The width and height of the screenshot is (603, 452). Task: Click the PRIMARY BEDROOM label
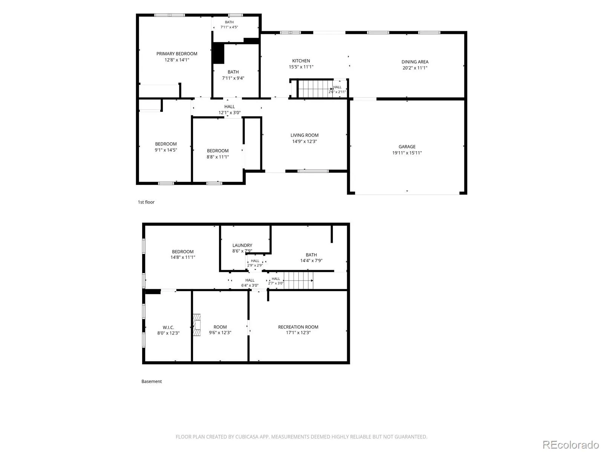[177, 54]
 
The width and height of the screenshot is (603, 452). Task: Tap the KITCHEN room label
[301, 61]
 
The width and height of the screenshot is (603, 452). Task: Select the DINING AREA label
[415, 62]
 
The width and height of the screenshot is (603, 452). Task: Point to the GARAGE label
[407, 147]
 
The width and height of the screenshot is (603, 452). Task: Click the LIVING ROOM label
[305, 135]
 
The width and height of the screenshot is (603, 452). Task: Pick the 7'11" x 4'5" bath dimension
[229, 27]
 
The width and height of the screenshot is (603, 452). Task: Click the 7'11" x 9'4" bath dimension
[233, 78]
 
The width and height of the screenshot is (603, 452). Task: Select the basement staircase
[298, 281]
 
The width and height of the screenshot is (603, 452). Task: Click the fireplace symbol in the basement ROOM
[196, 325]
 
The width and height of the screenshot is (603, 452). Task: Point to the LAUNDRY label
[242, 245]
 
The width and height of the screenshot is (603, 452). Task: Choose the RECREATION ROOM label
[298, 327]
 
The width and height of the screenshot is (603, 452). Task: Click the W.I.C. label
[168, 327]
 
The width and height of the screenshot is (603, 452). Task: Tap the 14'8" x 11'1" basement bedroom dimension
[183, 257]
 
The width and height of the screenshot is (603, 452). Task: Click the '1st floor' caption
[146, 202]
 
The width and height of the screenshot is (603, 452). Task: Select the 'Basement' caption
[152, 382]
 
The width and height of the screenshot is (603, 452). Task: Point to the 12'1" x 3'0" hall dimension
[230, 113]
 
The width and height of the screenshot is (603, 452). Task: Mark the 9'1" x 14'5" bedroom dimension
[166, 150]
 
